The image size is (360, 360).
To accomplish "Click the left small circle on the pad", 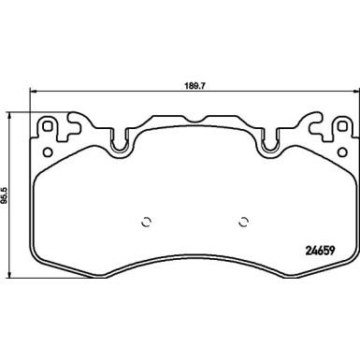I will (x=144, y=222).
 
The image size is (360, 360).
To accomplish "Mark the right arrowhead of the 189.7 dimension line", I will (x=353, y=91).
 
